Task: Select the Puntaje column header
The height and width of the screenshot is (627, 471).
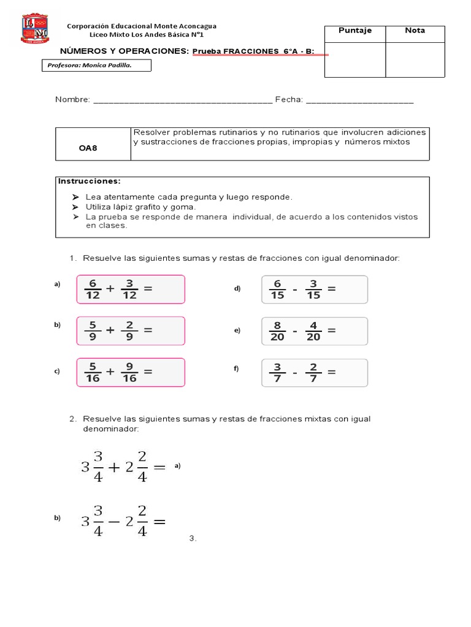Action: (355, 31)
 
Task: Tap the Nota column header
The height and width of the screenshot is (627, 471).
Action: (415, 31)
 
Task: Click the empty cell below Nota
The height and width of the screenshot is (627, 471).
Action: (415, 59)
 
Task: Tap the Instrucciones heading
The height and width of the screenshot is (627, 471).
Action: (90, 181)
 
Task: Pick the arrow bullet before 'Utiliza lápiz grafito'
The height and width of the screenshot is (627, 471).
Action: (75, 207)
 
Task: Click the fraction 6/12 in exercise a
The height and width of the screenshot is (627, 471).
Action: (93, 289)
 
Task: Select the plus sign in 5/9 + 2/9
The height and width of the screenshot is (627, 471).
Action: (110, 329)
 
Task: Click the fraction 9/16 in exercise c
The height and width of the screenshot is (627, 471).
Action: (129, 372)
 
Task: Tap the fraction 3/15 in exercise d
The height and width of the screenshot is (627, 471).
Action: (313, 289)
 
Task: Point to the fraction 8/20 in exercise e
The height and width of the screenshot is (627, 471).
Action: (278, 331)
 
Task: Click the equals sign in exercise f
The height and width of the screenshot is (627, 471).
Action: (332, 371)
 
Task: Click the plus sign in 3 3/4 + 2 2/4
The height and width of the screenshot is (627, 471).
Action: (113, 467)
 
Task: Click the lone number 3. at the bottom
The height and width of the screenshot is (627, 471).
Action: (193, 538)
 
